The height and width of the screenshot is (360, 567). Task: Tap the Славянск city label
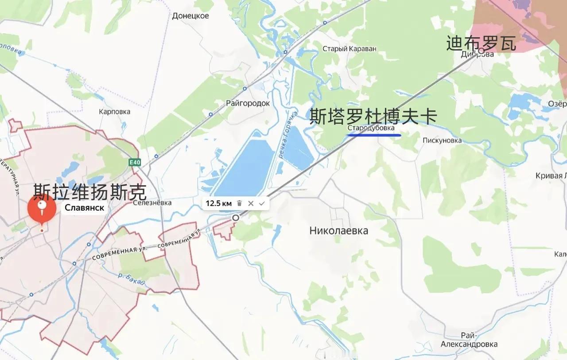click(85, 207)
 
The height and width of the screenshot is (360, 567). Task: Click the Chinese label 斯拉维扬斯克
click(89, 192)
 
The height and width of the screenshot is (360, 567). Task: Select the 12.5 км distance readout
click(218, 203)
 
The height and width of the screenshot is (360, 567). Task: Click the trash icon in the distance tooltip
click(239, 203)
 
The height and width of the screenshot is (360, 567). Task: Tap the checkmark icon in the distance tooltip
click(262, 203)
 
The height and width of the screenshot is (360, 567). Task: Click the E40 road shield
click(135, 163)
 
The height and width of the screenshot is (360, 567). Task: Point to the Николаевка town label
click(338, 231)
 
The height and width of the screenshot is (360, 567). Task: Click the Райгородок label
click(248, 103)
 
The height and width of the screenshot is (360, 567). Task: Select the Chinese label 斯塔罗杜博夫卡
click(373, 116)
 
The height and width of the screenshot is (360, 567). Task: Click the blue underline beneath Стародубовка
click(374, 135)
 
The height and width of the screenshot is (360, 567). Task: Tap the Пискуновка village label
click(442, 141)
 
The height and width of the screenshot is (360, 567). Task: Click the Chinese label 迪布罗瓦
click(481, 43)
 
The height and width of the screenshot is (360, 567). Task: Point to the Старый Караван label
click(349, 49)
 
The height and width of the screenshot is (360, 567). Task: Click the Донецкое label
click(190, 16)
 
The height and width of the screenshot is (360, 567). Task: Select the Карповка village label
click(115, 111)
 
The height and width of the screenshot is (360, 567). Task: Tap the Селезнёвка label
click(152, 203)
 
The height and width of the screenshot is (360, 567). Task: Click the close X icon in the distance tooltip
click(251, 203)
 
